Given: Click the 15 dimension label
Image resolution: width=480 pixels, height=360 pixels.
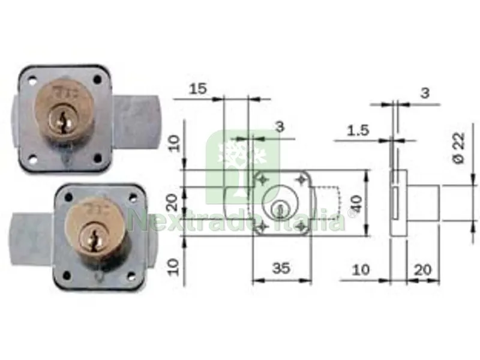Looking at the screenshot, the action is [x=198, y=89].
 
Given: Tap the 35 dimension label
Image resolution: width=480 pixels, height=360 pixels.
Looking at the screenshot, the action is [x=281, y=268].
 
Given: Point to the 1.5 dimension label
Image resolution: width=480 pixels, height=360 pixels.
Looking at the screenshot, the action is [x=358, y=131].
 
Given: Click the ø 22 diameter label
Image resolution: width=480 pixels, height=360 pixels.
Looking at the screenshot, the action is [x=459, y=148].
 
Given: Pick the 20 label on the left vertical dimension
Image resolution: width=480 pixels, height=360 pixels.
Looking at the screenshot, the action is [x=173, y=202].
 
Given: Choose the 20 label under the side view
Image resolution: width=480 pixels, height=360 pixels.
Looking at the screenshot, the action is [x=423, y=270].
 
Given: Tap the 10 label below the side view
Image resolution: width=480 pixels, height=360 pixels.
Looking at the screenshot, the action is [x=361, y=270].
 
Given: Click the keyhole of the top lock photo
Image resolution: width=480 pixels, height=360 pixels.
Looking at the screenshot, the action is [x=63, y=123].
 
